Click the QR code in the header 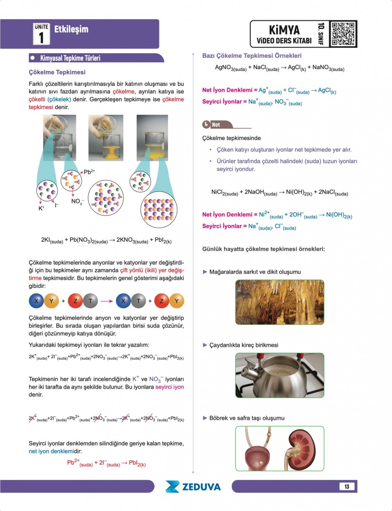(x=343, y=34)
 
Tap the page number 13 (x=347, y=486)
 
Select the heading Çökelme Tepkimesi (x=57, y=72)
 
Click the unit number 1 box (x=41, y=34)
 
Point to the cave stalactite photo (x=280, y=302)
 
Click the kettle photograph (x=280, y=375)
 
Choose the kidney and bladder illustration (x=280, y=448)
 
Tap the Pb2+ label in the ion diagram (x=89, y=172)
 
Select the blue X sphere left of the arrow (x=36, y=301)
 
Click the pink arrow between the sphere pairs (x=106, y=301)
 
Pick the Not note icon (x=206, y=124)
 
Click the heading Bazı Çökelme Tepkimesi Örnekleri (x=252, y=56)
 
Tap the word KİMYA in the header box (x=284, y=30)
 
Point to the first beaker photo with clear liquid (x=59, y=138)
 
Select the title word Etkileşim (x=71, y=29)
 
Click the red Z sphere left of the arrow (x=75, y=301)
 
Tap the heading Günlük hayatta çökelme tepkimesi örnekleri (x=263, y=249)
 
